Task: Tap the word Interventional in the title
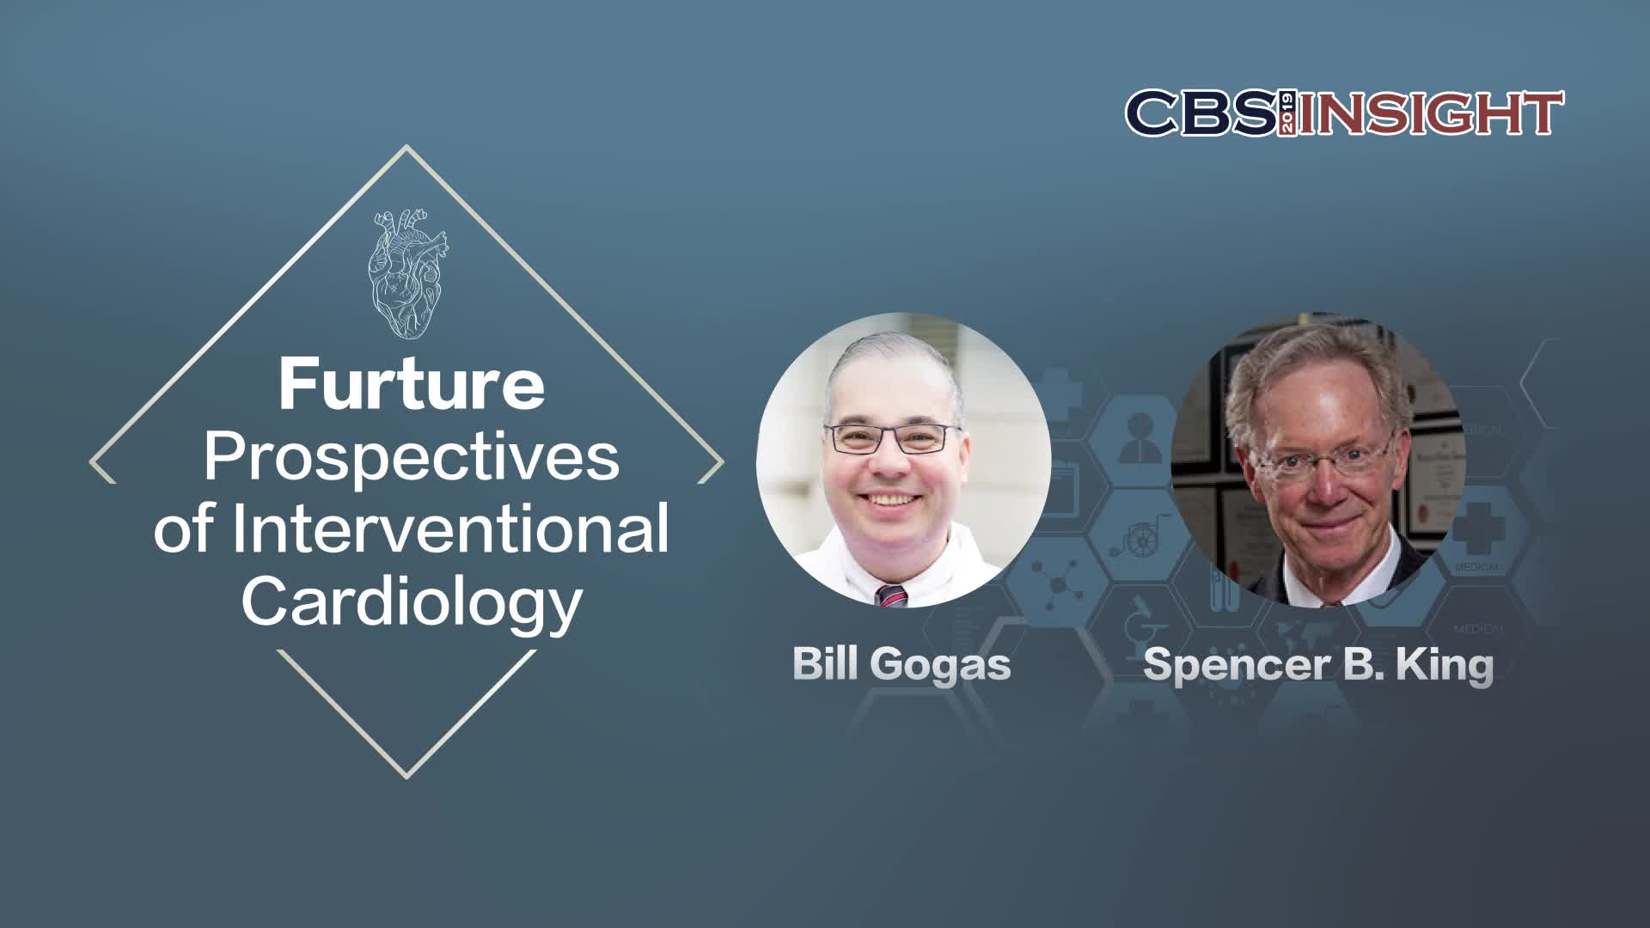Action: [x=449, y=528]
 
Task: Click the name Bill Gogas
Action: [x=901, y=664]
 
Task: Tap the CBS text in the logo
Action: [x=1201, y=113]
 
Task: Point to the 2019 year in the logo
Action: [x=1287, y=113]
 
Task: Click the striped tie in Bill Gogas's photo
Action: [x=892, y=595]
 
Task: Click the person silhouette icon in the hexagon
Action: [x=1140, y=437]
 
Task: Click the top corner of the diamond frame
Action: [x=406, y=147]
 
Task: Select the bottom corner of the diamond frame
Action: [x=406, y=777]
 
